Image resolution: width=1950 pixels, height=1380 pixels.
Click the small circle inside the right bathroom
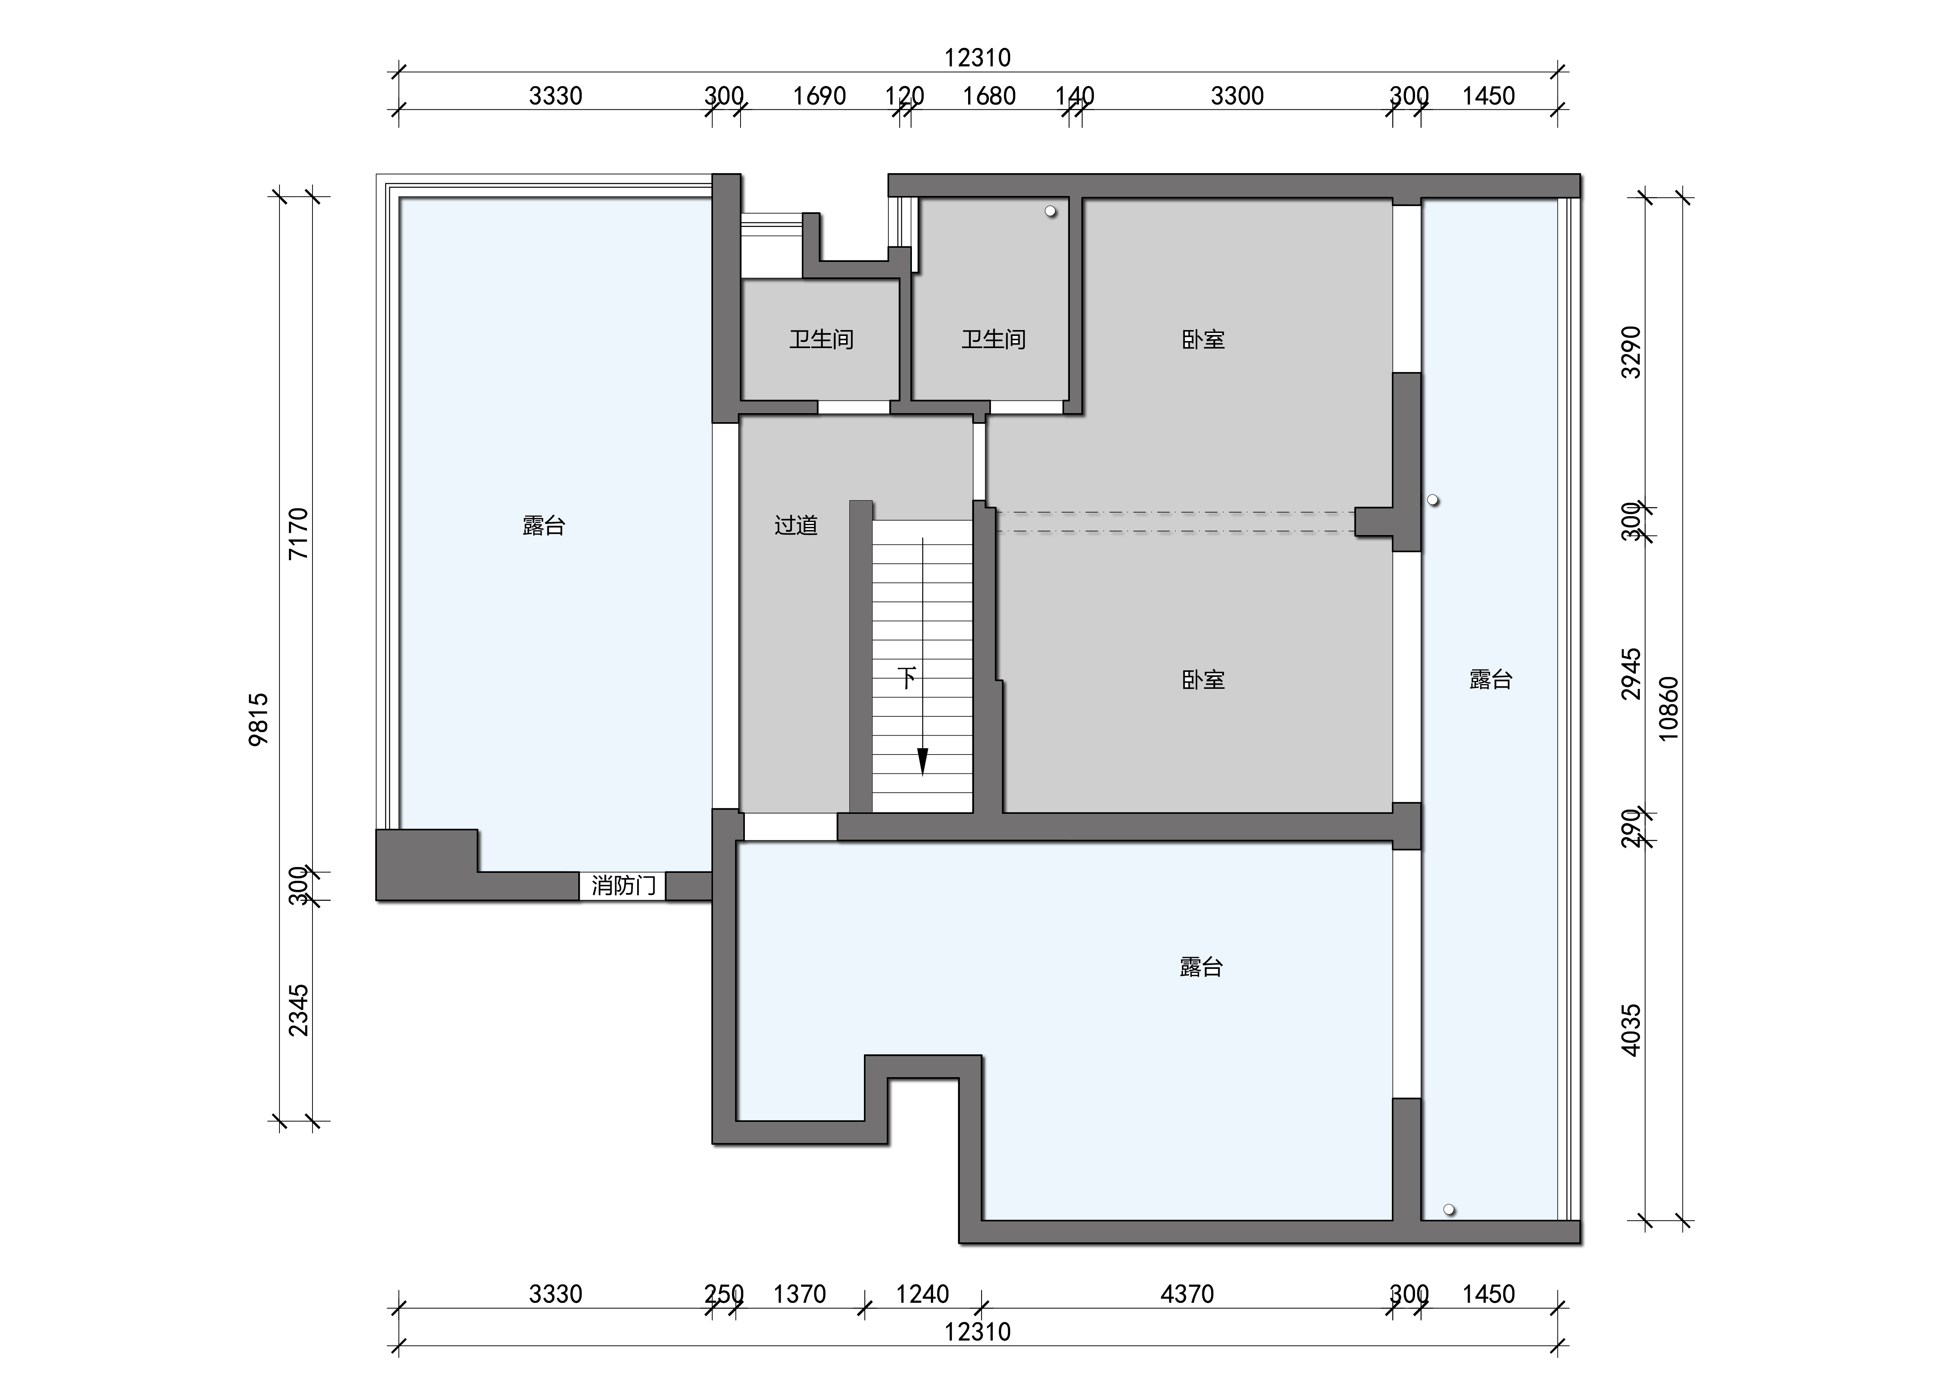1051,211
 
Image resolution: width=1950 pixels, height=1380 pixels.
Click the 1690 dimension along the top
820,96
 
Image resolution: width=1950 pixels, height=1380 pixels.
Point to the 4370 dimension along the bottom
1187,1294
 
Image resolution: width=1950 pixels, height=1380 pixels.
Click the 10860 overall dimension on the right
1669,709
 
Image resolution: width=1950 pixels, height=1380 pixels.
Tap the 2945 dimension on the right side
1632,674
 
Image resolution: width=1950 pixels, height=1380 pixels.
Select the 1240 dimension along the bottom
923,1294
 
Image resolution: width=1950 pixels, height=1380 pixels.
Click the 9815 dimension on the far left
259,719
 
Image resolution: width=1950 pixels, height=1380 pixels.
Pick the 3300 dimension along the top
1237,96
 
